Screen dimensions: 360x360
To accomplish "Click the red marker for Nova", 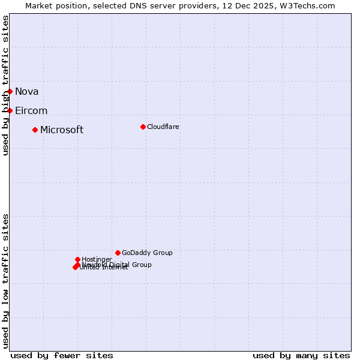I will [10, 91].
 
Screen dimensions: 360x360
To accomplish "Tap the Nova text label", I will [26, 91].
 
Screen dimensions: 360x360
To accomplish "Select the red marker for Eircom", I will [10, 110].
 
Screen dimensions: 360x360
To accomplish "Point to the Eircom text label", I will [31, 110].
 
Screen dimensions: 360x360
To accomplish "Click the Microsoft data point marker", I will [35, 130].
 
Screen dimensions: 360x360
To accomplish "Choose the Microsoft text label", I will [62, 130].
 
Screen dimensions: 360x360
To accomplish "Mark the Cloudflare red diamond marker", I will [143, 127].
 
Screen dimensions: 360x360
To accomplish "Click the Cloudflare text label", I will [163, 127].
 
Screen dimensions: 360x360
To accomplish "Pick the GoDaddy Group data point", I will [118, 253].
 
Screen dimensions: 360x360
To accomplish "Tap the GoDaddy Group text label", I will [147, 253].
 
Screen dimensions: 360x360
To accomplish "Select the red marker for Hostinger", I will [77, 259].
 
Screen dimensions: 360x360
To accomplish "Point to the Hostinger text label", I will [97, 259].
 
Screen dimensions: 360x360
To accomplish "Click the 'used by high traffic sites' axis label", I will [5, 85].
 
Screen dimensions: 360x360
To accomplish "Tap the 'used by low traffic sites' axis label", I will [5, 280].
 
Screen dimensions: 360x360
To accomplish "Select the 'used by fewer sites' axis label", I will [62, 355].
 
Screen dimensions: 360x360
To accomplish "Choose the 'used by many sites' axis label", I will [301, 355].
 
